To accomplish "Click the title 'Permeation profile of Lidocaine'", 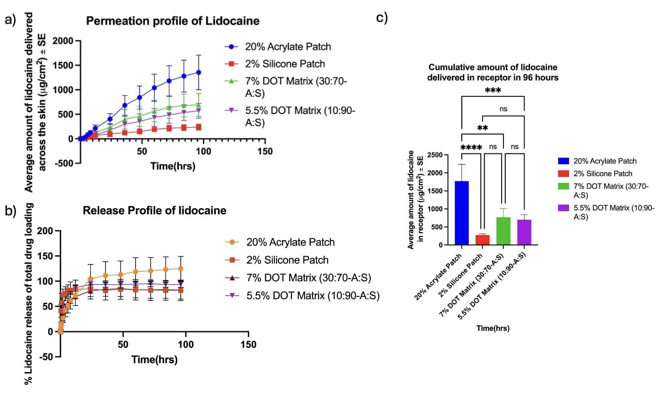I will pyautogui.click(x=173, y=21).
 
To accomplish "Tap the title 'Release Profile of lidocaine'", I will pyautogui.click(x=154, y=211).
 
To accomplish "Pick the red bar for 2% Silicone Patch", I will pyautogui.click(x=483, y=240).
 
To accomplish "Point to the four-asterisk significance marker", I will pyautogui.click(x=471, y=148).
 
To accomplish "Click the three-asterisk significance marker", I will pyautogui.click(x=493, y=91).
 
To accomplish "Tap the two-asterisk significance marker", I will pyautogui.click(x=482, y=129).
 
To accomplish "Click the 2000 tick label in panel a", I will pyautogui.click(x=63, y=41).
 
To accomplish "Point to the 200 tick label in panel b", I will pyautogui.click(x=45, y=231).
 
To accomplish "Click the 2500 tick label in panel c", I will pyautogui.click(x=435, y=155).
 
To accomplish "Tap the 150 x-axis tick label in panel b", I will pyautogui.click(x=248, y=344).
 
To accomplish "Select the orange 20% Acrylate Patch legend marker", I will pyautogui.click(x=232, y=242).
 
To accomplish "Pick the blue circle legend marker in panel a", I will pyautogui.click(x=231, y=47).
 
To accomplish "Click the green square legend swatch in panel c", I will pyautogui.click(x=563, y=186).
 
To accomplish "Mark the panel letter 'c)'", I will pyautogui.click(x=382, y=18).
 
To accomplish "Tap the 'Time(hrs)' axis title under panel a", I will pyautogui.click(x=173, y=166).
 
